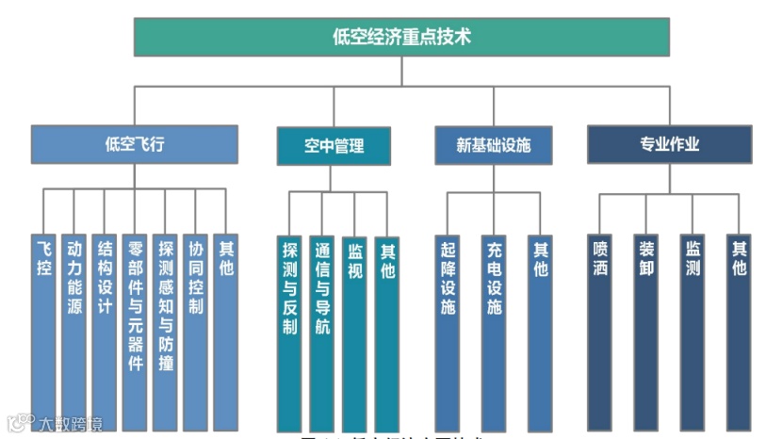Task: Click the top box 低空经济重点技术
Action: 401,37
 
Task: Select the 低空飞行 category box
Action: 134,145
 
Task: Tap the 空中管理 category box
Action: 334,146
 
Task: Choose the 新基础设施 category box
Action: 493,146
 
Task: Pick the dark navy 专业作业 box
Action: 670,145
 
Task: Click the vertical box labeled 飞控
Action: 44,330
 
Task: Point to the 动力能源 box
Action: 74,330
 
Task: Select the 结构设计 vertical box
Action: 105,330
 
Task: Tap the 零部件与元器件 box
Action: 135,330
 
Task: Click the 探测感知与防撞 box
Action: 165,330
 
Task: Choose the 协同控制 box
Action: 195,330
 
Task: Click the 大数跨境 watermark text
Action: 71,423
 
